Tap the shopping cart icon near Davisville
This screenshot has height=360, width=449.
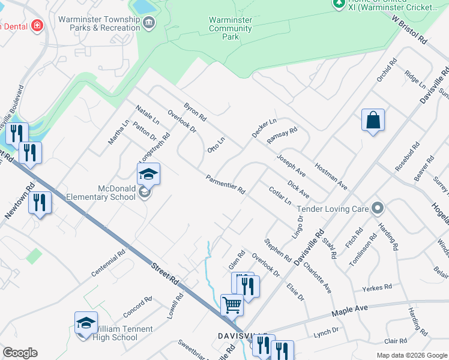click(232, 304)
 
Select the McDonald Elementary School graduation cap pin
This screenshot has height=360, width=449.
click(148, 174)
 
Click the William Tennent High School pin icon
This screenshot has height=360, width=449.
click(86, 323)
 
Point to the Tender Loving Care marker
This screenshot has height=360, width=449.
click(378, 208)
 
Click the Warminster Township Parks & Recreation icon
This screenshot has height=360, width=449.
click(149, 23)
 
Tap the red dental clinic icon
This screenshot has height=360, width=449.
click(38, 25)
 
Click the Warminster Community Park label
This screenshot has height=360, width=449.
click(231, 28)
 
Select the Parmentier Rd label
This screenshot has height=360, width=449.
click(225, 184)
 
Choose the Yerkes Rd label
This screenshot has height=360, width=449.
click(376, 289)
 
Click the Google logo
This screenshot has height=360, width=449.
click(20, 353)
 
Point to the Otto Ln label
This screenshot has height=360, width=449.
click(215, 145)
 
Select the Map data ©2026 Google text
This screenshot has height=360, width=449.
click(411, 355)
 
